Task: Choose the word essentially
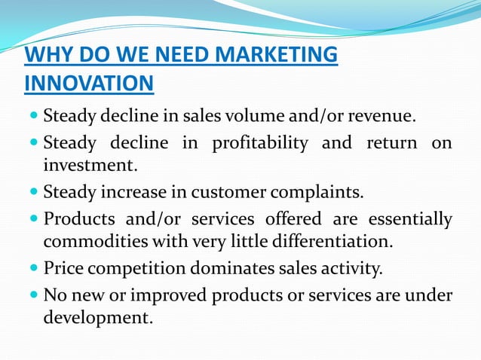click(410, 218)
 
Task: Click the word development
click(97, 318)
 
